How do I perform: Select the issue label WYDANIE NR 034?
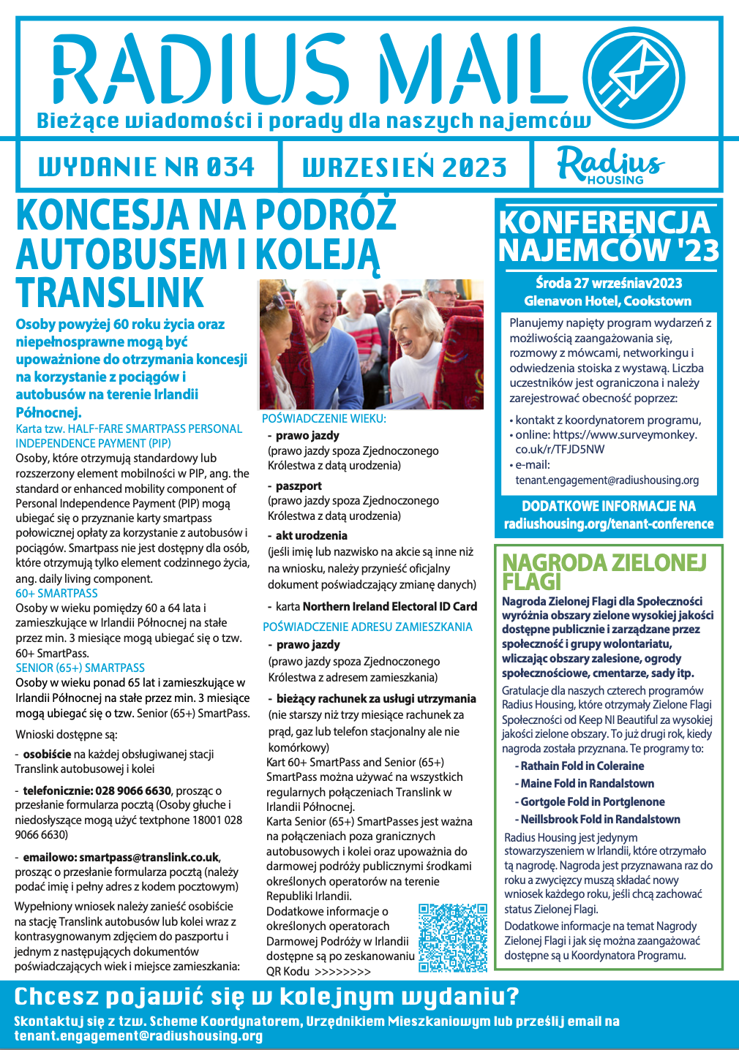[x=146, y=167]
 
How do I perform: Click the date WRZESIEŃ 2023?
[x=405, y=167]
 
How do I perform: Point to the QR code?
[x=452, y=937]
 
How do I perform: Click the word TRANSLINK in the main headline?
[x=110, y=292]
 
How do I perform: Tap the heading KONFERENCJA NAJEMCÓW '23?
[x=608, y=235]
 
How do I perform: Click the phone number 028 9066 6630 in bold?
[x=133, y=790]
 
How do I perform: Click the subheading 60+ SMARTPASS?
[x=56, y=593]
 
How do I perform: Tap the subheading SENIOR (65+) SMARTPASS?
[x=80, y=668]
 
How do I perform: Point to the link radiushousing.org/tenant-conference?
[x=609, y=524]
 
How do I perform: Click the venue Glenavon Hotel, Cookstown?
[x=607, y=301]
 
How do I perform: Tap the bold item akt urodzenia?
[x=312, y=535]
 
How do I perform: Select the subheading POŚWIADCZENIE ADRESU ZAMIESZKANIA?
[x=367, y=627]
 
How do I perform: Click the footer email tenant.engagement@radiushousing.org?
[x=138, y=1036]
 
